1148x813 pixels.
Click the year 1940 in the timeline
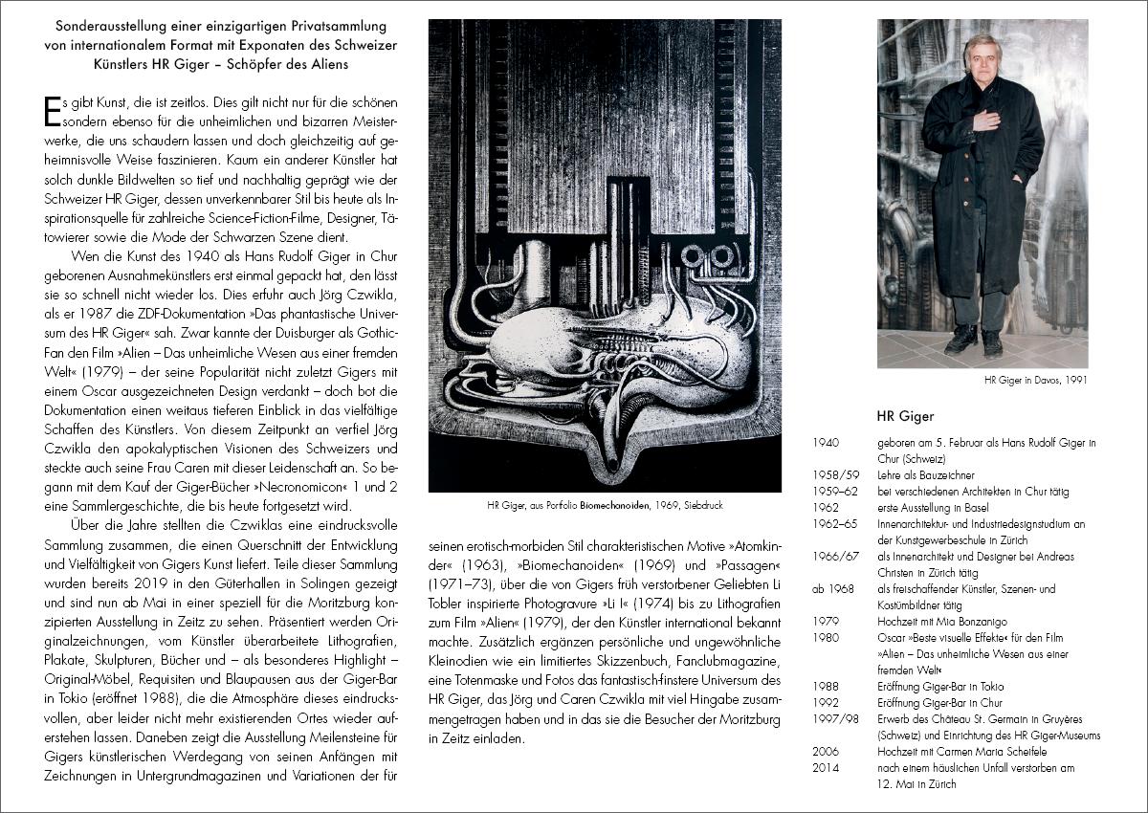point(825,443)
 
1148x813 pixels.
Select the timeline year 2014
point(825,768)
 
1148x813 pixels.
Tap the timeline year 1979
point(825,622)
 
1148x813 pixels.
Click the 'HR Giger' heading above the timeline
point(905,416)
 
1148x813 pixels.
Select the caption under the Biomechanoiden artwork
point(605,505)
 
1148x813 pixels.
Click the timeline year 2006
point(825,752)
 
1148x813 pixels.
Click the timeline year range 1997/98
point(833,719)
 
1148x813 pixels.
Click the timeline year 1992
point(825,703)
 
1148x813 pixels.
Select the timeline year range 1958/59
point(835,475)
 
